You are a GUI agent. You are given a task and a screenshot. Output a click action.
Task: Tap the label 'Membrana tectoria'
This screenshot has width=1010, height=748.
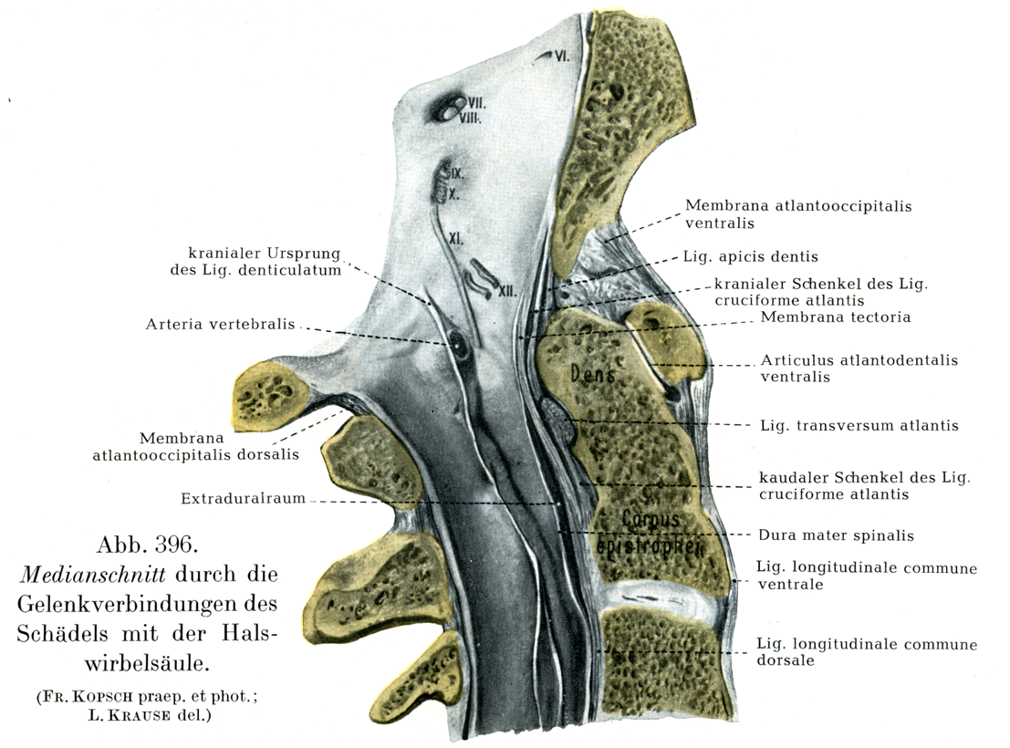pos(836,317)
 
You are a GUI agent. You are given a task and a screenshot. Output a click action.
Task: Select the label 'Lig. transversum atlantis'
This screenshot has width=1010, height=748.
pos(859,425)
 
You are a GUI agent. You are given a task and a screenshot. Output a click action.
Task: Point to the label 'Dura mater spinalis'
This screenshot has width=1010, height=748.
pos(837,535)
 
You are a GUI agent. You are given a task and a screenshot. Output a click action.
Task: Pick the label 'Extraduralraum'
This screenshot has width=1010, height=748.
pos(242,498)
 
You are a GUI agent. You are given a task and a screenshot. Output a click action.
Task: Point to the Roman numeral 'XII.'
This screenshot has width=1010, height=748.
pos(507,291)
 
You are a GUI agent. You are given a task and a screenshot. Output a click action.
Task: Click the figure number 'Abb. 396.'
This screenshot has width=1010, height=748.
pos(146,547)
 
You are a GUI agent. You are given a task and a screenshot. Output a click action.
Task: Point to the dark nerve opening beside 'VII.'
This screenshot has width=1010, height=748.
pos(448,110)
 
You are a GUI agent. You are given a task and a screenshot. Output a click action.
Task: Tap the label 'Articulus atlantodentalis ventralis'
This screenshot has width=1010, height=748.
pos(859,368)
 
